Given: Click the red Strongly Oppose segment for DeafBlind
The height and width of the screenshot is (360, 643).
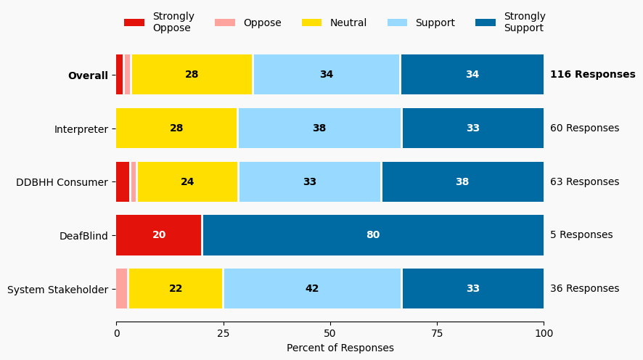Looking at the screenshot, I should [x=159, y=235].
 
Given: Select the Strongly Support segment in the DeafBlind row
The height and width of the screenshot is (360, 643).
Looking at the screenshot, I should [x=373, y=235].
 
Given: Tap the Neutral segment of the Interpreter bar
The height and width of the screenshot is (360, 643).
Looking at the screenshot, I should [x=176, y=128].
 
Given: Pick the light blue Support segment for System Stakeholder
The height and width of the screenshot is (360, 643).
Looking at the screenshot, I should [x=313, y=289].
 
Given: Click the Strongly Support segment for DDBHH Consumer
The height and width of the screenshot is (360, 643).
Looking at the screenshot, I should [x=462, y=182].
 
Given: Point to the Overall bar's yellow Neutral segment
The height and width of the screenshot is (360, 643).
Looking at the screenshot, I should [x=192, y=75].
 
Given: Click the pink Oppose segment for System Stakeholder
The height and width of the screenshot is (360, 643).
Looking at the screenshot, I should [x=122, y=289].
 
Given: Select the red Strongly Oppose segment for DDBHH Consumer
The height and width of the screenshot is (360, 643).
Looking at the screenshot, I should [x=123, y=182].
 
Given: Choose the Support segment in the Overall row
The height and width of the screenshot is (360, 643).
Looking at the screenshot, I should [x=327, y=75].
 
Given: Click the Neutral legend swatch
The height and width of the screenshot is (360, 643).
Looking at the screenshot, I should [x=311, y=22].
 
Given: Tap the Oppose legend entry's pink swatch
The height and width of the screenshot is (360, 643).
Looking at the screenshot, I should [x=225, y=22].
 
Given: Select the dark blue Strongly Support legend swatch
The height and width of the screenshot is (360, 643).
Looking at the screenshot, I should [x=486, y=22].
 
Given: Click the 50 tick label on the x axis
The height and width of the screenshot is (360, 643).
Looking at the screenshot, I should [x=330, y=333].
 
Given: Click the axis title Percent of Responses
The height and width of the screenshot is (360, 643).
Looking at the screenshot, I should [x=340, y=348].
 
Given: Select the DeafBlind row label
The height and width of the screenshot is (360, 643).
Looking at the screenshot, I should [x=83, y=235].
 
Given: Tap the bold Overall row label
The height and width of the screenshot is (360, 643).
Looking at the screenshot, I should [x=88, y=75].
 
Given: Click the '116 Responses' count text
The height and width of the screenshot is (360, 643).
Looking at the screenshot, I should [x=592, y=75].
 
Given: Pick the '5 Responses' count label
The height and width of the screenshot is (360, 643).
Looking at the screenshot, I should [x=581, y=235].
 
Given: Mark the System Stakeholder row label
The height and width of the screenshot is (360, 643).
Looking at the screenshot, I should [x=57, y=290].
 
